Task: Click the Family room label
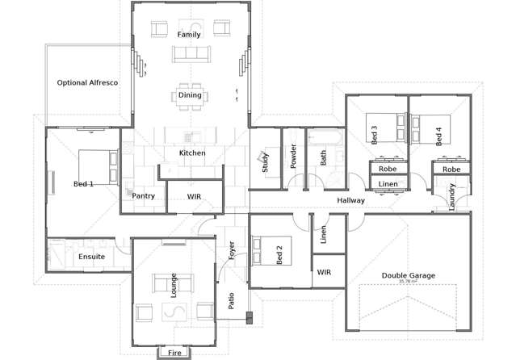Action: (189, 34)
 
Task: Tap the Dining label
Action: (191, 95)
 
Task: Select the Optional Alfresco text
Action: (87, 82)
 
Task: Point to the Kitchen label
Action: (192, 153)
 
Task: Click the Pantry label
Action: (143, 196)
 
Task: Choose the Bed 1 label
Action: (83, 184)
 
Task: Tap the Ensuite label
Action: (91, 257)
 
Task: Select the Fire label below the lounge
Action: (174, 353)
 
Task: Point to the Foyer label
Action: (231, 250)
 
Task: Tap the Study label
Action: (265, 163)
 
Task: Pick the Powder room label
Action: (293, 155)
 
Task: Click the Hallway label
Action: (351, 200)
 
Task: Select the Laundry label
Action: (452, 196)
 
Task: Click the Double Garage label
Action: (408, 275)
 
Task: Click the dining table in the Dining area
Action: (191, 96)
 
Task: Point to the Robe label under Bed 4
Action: (451, 170)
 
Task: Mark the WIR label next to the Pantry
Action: (194, 196)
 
